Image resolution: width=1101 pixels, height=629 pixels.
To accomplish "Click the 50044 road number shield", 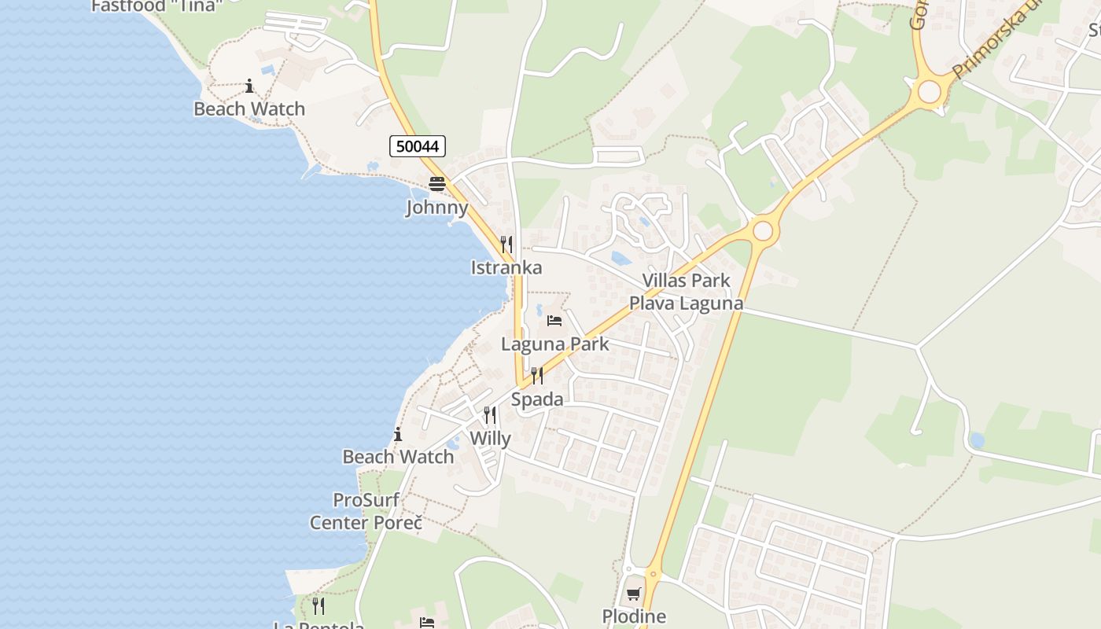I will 418,145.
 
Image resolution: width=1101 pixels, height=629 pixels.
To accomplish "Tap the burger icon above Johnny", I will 436,185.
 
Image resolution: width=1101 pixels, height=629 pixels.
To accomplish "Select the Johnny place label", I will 436,208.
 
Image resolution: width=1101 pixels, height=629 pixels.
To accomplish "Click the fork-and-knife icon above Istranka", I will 506,245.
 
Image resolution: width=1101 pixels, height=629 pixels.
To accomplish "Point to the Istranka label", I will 506,267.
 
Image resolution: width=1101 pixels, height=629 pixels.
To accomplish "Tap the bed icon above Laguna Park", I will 554,321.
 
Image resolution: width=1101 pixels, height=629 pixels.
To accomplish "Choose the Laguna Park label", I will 555,344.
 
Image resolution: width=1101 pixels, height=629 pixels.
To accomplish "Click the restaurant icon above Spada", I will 537,376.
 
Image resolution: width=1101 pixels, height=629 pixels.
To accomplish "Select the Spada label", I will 537,399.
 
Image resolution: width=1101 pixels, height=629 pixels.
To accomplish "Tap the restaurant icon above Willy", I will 490,414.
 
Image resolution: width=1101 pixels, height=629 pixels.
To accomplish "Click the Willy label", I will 490,438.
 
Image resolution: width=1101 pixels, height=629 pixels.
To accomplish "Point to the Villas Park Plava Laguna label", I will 686,292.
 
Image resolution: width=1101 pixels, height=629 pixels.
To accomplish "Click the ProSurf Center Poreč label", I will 366,511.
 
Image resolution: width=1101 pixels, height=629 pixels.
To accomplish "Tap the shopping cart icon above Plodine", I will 634,594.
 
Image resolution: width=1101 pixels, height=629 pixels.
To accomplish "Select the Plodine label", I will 634,616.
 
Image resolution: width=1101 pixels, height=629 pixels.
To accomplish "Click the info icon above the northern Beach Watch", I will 249,86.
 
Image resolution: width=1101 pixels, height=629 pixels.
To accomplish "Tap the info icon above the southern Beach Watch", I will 398,434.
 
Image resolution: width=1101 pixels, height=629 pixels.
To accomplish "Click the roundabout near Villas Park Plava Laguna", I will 762,230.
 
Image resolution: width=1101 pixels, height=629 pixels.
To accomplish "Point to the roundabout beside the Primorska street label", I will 929,92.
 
